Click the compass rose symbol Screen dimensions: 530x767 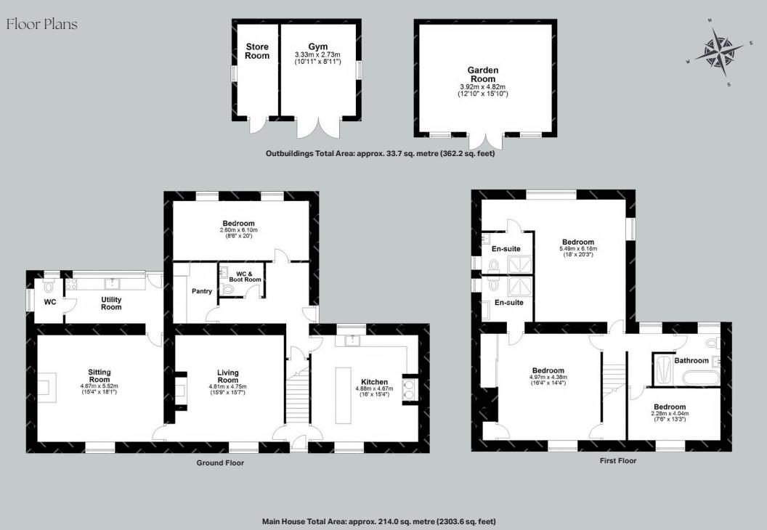720,53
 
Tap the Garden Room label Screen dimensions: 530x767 482,75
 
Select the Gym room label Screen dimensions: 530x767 318,46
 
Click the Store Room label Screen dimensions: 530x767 257,52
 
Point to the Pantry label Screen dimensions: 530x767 202,292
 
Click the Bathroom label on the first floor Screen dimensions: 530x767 691,360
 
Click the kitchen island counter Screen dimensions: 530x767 344,393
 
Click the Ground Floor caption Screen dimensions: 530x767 220,462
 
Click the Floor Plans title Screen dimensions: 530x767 41,25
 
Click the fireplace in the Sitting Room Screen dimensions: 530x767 46,386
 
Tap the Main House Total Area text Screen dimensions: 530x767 379,521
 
